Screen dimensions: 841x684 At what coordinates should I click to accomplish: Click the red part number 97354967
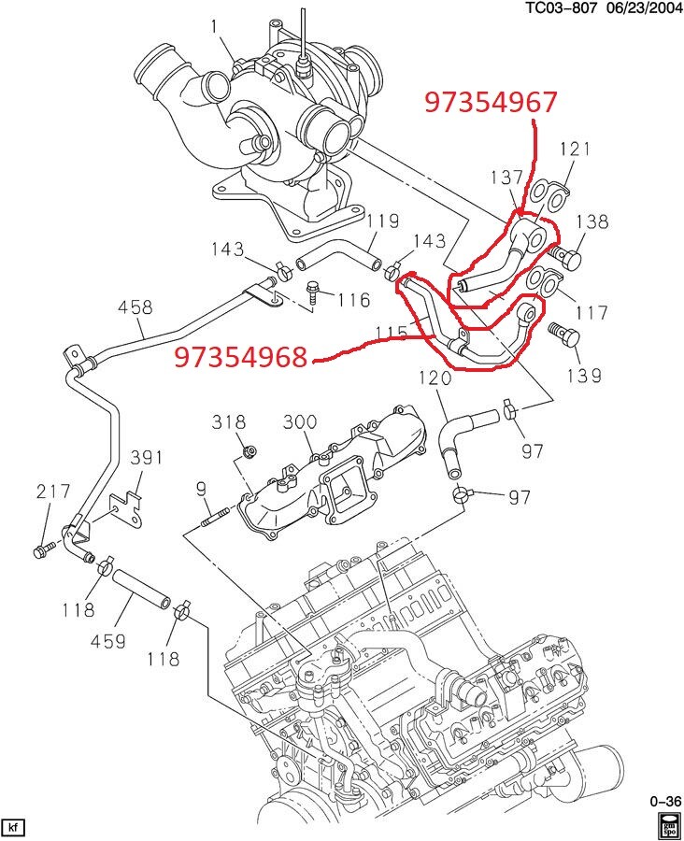click(491, 102)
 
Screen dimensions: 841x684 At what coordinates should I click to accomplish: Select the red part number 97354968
click(241, 357)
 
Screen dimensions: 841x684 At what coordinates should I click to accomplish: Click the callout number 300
click(300, 422)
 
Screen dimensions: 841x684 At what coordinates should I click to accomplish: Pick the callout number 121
click(577, 150)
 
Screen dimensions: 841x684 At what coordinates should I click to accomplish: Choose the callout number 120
click(435, 378)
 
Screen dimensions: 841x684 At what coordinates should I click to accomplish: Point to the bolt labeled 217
click(42, 551)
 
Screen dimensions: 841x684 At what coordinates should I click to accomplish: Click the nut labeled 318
click(249, 453)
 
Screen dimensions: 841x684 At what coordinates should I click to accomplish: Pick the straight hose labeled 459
click(141, 592)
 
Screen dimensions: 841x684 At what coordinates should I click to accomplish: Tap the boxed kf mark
click(13, 827)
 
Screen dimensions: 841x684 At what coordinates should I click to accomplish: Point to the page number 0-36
click(665, 802)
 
